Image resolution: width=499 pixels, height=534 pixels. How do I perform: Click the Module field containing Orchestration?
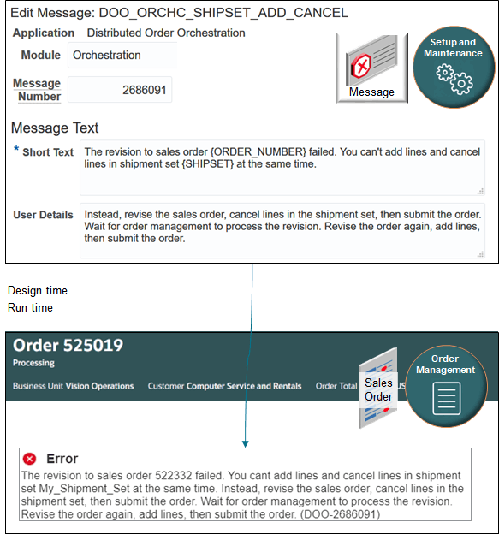[122, 56]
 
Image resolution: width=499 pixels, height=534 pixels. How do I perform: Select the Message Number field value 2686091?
[119, 90]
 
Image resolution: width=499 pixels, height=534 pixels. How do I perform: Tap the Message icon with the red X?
[371, 68]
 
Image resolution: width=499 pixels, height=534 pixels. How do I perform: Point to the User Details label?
[43, 215]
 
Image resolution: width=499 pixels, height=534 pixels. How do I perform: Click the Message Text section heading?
[55, 128]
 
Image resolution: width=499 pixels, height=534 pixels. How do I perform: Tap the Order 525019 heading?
[68, 346]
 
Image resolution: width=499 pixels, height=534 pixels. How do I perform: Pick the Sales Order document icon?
[378, 388]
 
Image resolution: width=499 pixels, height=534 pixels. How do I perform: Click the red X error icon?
[30, 459]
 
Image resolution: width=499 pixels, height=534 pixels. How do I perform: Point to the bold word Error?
[62, 459]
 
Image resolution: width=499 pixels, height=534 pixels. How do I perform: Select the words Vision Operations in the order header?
[99, 386]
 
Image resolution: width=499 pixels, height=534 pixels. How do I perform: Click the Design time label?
[37, 291]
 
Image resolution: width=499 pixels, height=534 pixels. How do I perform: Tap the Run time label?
[30, 308]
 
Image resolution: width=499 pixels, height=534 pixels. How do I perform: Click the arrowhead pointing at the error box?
[247, 442]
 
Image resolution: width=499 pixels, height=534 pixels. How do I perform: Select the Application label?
[44, 33]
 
